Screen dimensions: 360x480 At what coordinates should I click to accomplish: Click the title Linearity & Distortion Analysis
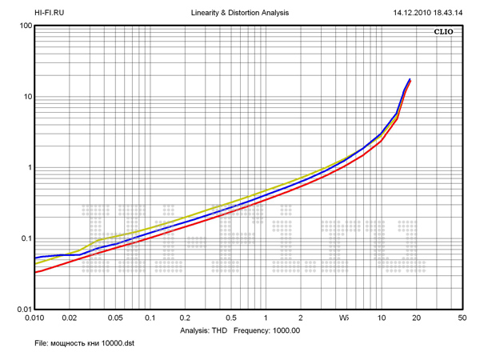pyautogui.click(x=240, y=13)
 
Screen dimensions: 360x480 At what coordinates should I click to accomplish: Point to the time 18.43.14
pyautogui.click(x=456, y=13)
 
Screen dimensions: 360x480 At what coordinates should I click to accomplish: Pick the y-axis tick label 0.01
pyautogui.click(x=22, y=310)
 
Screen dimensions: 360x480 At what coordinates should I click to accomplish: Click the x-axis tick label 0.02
pyautogui.click(x=70, y=318)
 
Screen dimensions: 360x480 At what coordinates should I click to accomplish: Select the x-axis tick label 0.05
pyautogui.click(x=115, y=318)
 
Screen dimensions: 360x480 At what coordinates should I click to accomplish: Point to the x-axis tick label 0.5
pyautogui.click(x=230, y=318)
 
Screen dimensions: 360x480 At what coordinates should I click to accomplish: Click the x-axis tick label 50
pyautogui.click(x=462, y=318)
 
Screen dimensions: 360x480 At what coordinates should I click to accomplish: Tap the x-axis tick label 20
pyautogui.click(x=416, y=318)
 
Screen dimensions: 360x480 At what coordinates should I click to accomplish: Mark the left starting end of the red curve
pyautogui.click(x=35, y=273)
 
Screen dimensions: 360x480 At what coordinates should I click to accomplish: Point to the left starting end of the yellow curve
pyautogui.click(x=35, y=263)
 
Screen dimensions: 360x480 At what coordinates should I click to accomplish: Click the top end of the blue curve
pyautogui.click(x=410, y=79)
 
